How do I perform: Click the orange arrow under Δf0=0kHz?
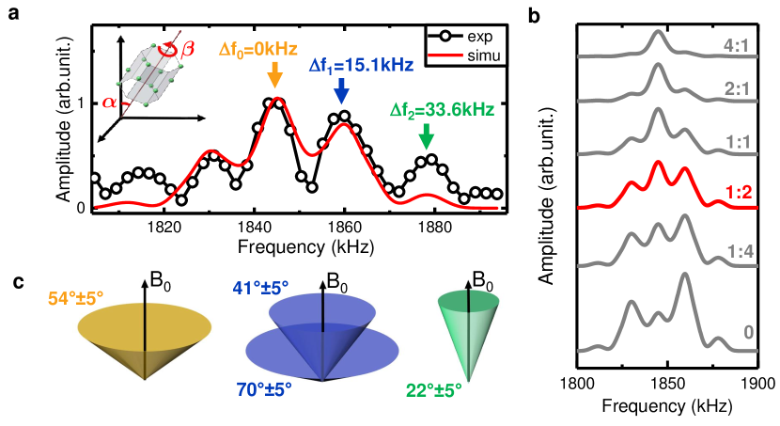click(273, 75)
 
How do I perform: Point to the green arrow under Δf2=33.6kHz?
click(427, 137)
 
